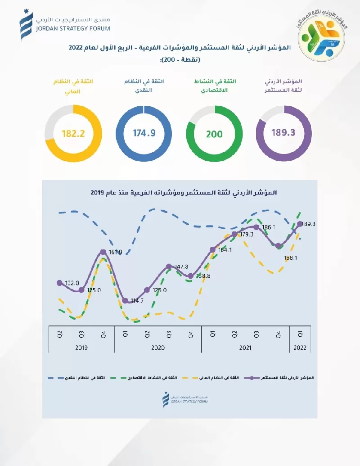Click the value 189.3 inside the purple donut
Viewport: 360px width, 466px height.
point(283,133)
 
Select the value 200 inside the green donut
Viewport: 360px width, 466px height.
point(214,134)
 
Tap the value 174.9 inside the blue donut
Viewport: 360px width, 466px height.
point(144,133)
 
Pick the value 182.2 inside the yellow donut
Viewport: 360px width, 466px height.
point(73,133)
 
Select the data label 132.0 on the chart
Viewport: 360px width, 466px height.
point(72,283)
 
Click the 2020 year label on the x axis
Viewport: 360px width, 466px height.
point(157,348)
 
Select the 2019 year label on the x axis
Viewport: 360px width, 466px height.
point(81,348)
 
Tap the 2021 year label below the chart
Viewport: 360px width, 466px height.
point(245,348)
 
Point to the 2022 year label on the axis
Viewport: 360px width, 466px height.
point(300,348)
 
